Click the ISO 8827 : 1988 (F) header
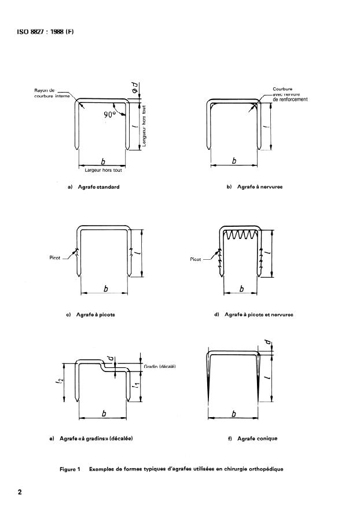[x=45, y=32]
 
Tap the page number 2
[x=20, y=492]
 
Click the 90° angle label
[x=110, y=115]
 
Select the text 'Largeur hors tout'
[x=104, y=170]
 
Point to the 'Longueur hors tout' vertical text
[x=144, y=126]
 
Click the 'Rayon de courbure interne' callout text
[x=52, y=93]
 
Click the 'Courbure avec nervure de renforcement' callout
[x=290, y=94]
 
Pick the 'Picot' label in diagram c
[x=55, y=258]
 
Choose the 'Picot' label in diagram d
[x=196, y=259]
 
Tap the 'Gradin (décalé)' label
[x=159, y=366]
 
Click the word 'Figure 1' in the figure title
[x=69, y=469]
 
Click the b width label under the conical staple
[x=234, y=414]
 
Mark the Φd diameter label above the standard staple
[x=135, y=87]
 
